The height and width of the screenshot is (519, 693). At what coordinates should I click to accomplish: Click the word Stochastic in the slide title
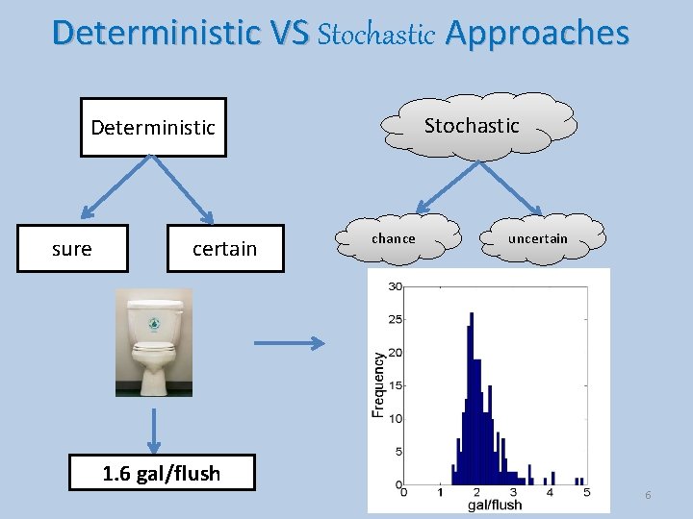pos(375,35)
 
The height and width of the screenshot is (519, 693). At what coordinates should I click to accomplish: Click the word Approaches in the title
pos(537,34)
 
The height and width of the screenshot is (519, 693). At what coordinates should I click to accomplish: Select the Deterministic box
pos(153,127)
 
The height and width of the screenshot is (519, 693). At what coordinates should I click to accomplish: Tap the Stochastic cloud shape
pos(472,125)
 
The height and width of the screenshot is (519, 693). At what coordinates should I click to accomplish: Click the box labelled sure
pos(72,249)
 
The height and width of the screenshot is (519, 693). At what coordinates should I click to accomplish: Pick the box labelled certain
pos(224,249)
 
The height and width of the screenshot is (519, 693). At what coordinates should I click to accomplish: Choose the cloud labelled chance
pos(394,238)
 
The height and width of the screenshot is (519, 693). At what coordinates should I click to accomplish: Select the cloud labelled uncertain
pos(538,238)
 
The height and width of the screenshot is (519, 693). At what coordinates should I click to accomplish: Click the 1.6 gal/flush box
pos(162,473)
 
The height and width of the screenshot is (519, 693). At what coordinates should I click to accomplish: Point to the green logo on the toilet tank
pos(153,324)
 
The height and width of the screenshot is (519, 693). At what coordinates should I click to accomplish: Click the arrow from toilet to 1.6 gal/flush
pos(153,427)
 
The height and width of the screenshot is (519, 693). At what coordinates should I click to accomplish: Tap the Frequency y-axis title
pos(378,383)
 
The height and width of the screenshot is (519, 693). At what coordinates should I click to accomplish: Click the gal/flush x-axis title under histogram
pos(494,505)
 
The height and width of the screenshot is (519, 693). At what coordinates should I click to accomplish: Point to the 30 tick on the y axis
pos(395,286)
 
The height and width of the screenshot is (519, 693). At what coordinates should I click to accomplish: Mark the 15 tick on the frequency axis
pos(395,385)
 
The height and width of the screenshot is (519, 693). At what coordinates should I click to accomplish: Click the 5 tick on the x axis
pos(585,492)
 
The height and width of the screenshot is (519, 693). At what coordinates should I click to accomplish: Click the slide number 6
pos(648,495)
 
